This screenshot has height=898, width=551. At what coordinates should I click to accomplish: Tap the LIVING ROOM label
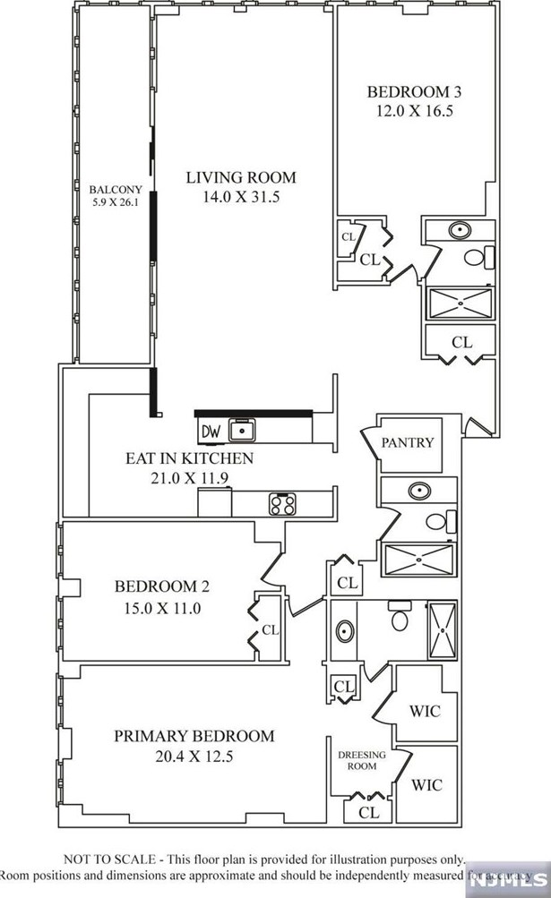tap(241, 177)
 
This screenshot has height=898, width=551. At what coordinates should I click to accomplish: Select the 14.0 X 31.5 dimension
tap(241, 197)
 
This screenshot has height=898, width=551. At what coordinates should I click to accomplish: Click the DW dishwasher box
tap(210, 432)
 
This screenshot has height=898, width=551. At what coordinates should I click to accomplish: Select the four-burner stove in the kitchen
tap(283, 504)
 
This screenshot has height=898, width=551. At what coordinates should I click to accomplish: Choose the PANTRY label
tap(408, 442)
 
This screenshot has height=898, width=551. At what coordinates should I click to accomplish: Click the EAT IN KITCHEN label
tap(189, 458)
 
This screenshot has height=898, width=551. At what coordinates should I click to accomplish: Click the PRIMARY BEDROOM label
tap(194, 736)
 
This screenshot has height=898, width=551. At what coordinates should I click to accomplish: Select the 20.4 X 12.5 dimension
tap(194, 756)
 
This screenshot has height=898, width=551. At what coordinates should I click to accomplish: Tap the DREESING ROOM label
tap(362, 761)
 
